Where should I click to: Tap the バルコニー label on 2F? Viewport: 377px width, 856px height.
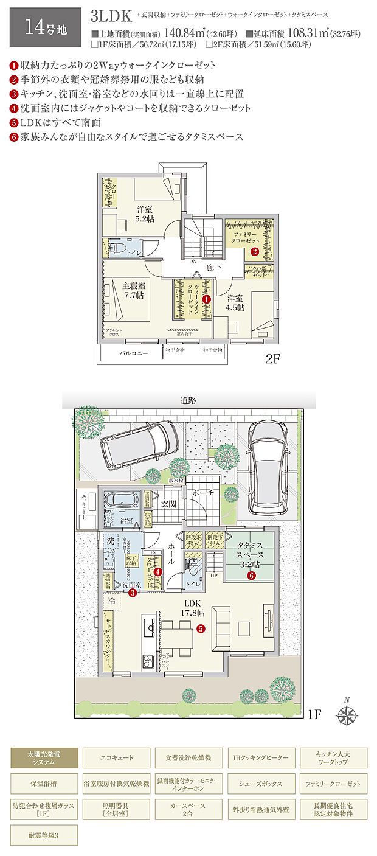point(130,353)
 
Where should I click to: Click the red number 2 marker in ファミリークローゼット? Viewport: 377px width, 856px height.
point(255,250)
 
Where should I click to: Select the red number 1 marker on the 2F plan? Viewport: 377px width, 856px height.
point(206,299)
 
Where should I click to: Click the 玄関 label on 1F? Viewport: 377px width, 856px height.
point(170,503)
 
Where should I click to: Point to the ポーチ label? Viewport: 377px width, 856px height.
point(204,493)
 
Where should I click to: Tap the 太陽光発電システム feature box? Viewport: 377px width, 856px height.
point(44,758)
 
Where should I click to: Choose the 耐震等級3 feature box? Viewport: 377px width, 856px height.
point(44,835)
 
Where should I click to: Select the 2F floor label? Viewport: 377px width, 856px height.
point(272,359)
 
